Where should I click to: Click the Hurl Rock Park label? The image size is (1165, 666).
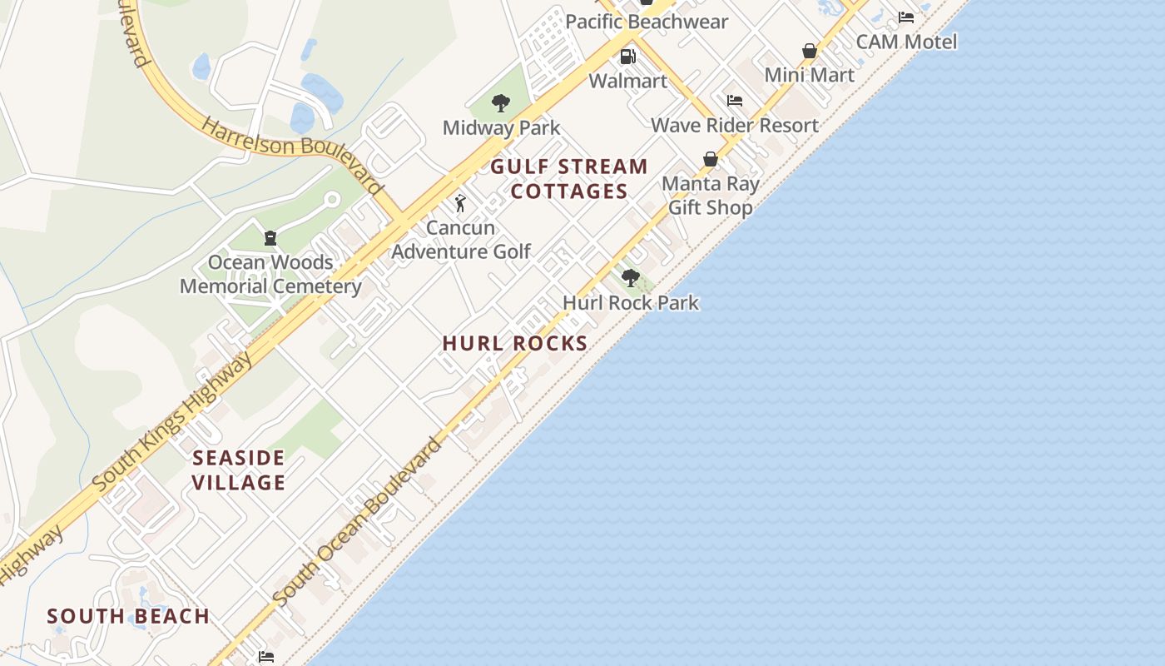(x=631, y=302)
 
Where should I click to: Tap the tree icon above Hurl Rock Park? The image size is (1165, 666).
(x=631, y=278)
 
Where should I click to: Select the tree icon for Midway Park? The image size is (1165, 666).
(x=501, y=103)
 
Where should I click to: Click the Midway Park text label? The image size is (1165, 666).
(x=501, y=128)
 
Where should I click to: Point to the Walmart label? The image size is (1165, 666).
(x=628, y=81)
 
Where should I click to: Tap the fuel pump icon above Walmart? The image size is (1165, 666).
(x=627, y=57)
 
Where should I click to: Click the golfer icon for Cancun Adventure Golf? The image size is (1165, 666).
(x=460, y=203)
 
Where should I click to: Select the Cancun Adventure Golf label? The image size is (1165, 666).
(x=461, y=240)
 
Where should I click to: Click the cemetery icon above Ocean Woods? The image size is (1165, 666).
(x=270, y=238)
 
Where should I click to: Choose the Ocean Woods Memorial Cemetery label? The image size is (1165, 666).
(x=270, y=275)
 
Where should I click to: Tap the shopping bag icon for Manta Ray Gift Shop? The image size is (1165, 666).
(x=711, y=159)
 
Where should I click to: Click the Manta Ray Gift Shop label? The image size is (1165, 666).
(x=711, y=196)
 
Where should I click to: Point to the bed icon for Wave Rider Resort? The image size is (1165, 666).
(x=735, y=101)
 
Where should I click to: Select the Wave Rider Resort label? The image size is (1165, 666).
(x=735, y=126)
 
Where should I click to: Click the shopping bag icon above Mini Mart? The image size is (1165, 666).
(x=810, y=51)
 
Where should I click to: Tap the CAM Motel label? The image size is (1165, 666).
(x=906, y=42)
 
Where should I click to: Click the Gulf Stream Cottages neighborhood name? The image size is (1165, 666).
(x=569, y=179)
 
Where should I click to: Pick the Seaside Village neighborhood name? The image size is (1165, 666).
(x=239, y=470)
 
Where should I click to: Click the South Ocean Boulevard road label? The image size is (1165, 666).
(x=358, y=522)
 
